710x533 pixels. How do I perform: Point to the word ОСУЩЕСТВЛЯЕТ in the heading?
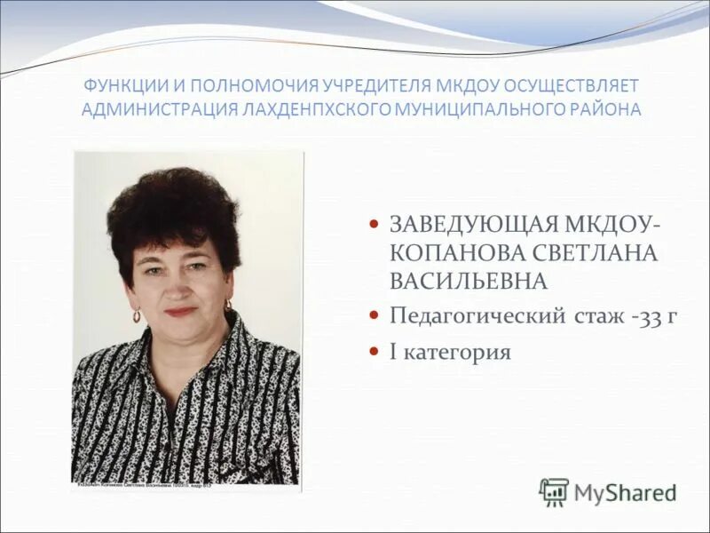pyautogui.click(x=572, y=86)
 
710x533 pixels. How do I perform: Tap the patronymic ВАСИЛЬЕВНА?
pyautogui.click(x=468, y=282)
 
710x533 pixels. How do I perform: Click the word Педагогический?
pyautogui.click(x=471, y=316)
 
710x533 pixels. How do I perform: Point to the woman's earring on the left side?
pyautogui.click(x=137, y=315)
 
